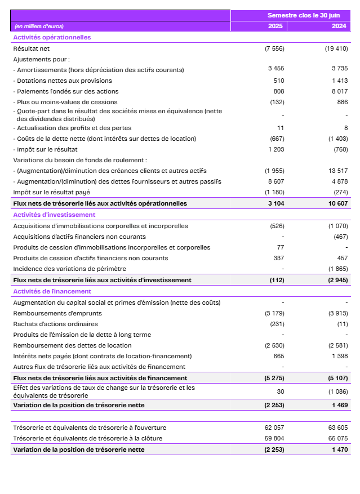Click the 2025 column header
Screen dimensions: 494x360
275,26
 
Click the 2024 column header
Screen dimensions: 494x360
339,26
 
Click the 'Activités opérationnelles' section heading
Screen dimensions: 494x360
52,37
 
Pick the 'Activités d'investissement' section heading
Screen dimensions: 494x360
54,215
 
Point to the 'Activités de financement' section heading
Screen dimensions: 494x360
52,291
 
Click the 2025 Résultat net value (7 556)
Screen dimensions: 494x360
274,48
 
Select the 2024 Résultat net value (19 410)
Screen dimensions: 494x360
336,48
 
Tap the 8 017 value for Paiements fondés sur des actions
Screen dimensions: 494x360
340,91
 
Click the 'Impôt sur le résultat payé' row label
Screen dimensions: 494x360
51,192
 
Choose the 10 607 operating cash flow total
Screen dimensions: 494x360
337,203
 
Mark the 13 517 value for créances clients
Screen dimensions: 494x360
338,171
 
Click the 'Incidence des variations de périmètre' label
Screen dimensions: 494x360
69,269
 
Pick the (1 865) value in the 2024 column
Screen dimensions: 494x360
338,269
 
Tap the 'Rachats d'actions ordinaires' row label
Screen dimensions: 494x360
55,324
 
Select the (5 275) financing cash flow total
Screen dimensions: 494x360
275,378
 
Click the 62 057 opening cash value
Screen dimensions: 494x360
275,428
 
